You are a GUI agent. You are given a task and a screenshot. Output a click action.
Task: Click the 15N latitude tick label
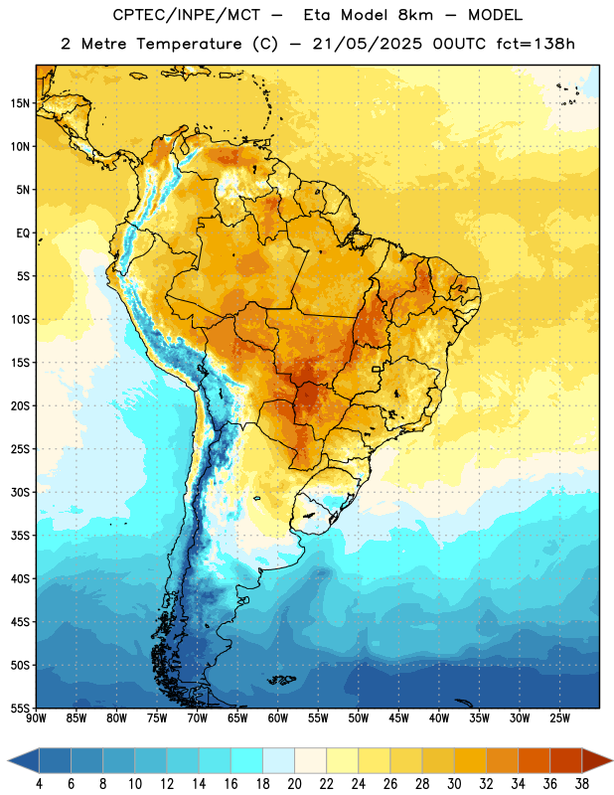pos(20,103)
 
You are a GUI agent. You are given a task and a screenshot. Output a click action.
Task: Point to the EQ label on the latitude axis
pos(23,234)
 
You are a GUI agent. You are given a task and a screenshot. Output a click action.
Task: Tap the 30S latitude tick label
pos(20,492)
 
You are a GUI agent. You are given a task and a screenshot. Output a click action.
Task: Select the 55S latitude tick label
pos(20,708)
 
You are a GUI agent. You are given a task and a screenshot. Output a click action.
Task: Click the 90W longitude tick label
pos(36,718)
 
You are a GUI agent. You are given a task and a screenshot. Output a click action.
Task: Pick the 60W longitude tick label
pos(278,718)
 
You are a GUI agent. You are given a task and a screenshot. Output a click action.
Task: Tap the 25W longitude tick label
pos(559,718)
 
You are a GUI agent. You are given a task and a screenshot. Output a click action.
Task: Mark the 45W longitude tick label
pos(398,718)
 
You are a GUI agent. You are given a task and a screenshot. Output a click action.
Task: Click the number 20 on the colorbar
pos(294,784)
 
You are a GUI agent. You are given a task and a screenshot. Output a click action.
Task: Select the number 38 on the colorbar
pos(582,784)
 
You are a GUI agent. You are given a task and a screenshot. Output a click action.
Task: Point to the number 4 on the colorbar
pos(39,784)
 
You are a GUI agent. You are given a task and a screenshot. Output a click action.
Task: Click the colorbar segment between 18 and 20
pos(278,761)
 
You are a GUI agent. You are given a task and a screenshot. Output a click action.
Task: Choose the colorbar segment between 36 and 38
pos(566,761)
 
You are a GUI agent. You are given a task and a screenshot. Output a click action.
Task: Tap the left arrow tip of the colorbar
pos(8,761)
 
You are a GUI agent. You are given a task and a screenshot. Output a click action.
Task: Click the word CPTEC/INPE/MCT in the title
pos(187,15)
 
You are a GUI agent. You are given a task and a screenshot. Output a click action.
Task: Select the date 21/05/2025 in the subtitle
pos(367,44)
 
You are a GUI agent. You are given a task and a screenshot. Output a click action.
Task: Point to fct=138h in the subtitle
pos(536,44)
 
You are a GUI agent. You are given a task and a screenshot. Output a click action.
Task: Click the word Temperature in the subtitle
pos(189,45)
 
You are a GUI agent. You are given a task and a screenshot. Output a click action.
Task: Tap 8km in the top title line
pos(415,15)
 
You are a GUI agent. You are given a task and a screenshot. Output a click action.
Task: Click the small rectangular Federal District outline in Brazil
pos(377,369)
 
